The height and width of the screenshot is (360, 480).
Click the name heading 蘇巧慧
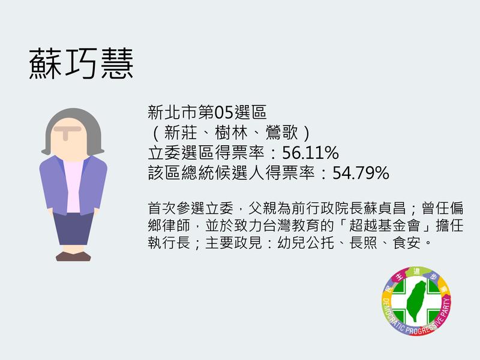coord(81,64)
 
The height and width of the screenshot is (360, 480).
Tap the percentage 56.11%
coord(310,153)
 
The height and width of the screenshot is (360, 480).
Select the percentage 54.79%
coord(361,173)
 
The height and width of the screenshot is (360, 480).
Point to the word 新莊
coord(181,133)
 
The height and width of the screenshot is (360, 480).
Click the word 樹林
coord(231,133)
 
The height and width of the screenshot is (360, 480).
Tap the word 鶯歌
coord(281,133)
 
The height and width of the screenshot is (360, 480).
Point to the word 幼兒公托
coord(305,244)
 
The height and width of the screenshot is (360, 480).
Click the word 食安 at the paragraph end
coord(407,244)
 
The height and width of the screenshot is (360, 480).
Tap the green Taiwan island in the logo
coord(416,301)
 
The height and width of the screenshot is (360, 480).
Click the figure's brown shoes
coord(73,256)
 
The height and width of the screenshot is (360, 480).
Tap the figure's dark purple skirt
coord(73,229)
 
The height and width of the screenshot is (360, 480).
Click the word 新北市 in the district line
coord(173,112)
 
